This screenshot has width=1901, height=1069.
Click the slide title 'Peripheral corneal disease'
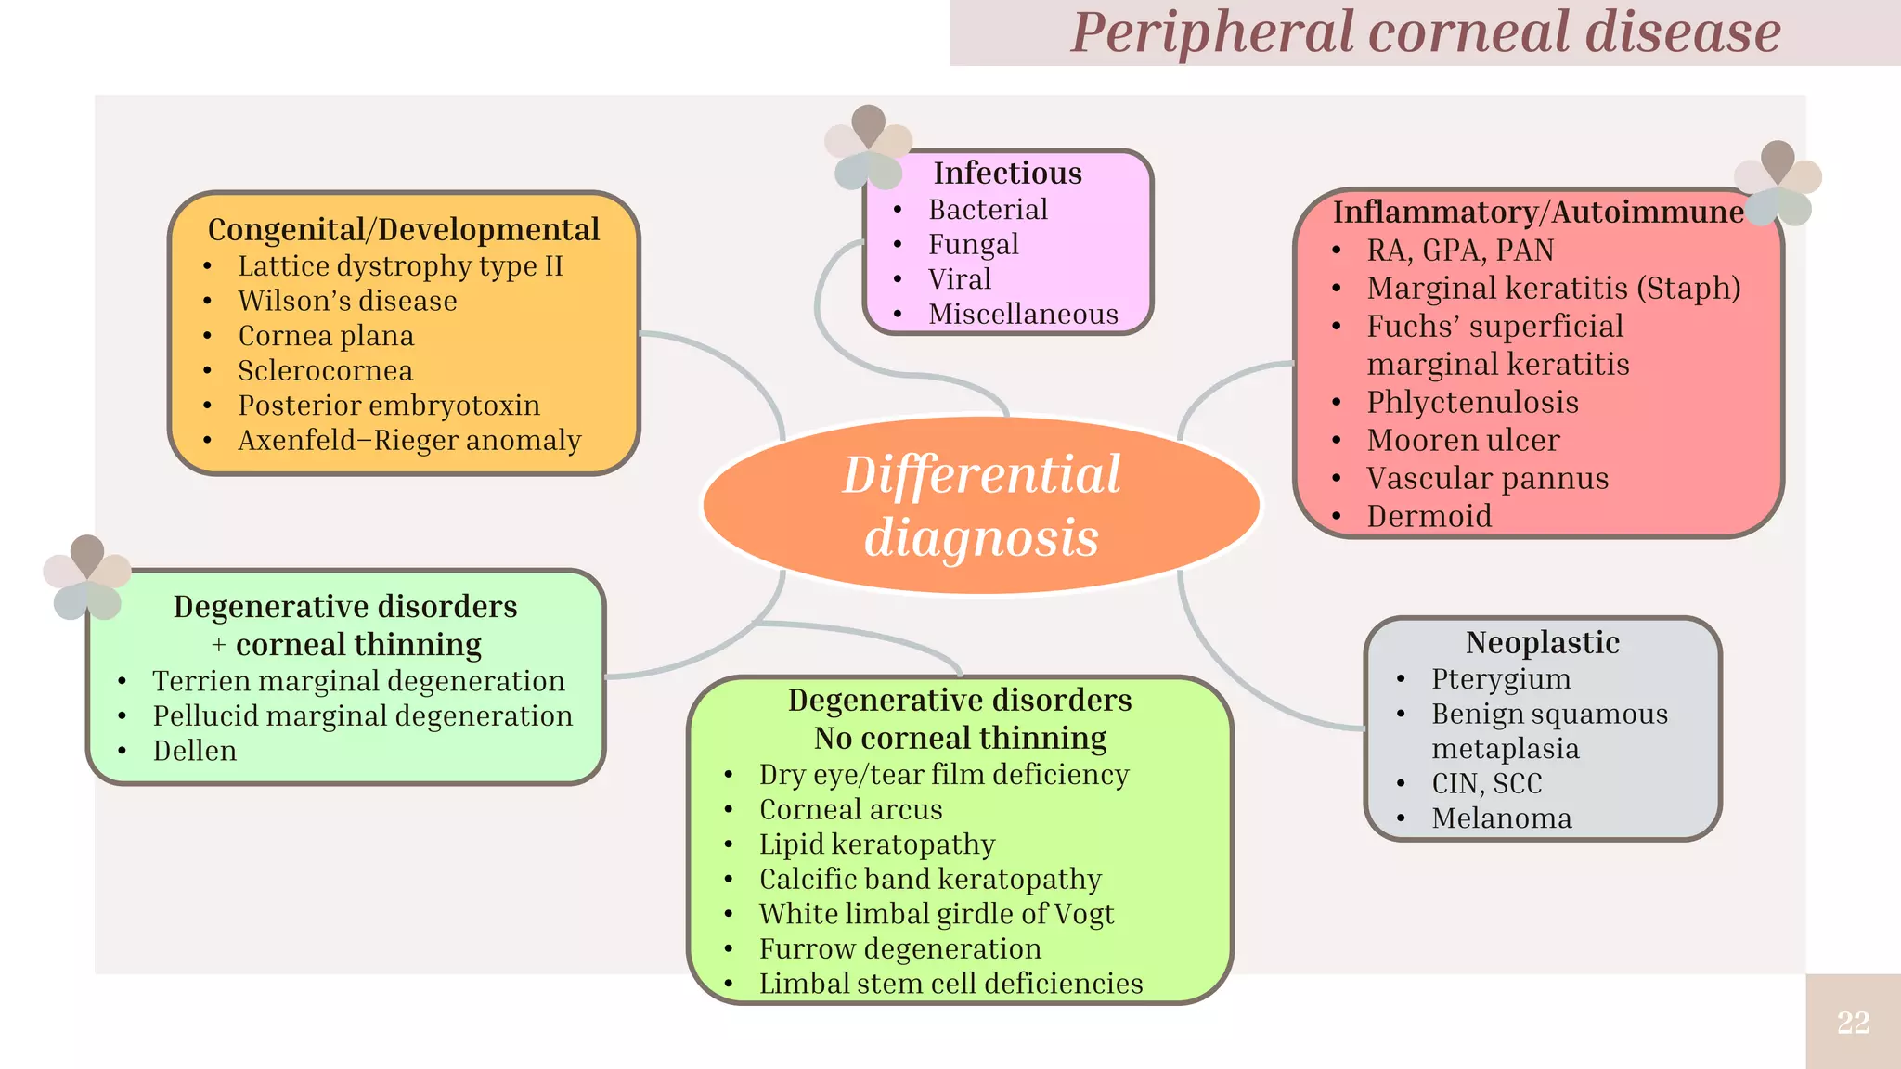pos(1425,32)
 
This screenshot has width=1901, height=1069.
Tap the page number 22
pos(1853,1023)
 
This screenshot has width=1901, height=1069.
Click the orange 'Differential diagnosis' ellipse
pos(981,506)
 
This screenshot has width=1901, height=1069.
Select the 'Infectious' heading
pos(1007,174)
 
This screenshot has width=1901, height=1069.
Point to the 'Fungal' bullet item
pos(973,244)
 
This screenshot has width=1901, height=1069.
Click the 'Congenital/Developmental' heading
pos(404,229)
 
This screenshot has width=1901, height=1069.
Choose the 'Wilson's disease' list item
pos(347,301)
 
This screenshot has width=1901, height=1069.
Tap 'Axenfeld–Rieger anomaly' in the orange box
pos(409,440)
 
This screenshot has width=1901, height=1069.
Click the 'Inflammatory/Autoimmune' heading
pos(1538,213)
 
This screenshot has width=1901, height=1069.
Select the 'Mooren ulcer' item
pos(1463,440)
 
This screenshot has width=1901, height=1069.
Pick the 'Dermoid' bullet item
pos(1429,516)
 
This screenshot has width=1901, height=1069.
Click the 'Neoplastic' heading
pos(1543,642)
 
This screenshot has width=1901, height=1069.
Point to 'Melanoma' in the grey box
pos(1501,818)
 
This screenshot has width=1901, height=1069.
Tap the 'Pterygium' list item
pos(1501,679)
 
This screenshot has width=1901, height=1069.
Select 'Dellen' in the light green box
pos(194,751)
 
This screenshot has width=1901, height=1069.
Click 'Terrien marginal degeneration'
pos(358,681)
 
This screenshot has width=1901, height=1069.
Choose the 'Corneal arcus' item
pos(850,809)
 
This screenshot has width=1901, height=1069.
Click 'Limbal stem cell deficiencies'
pos(950,984)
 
